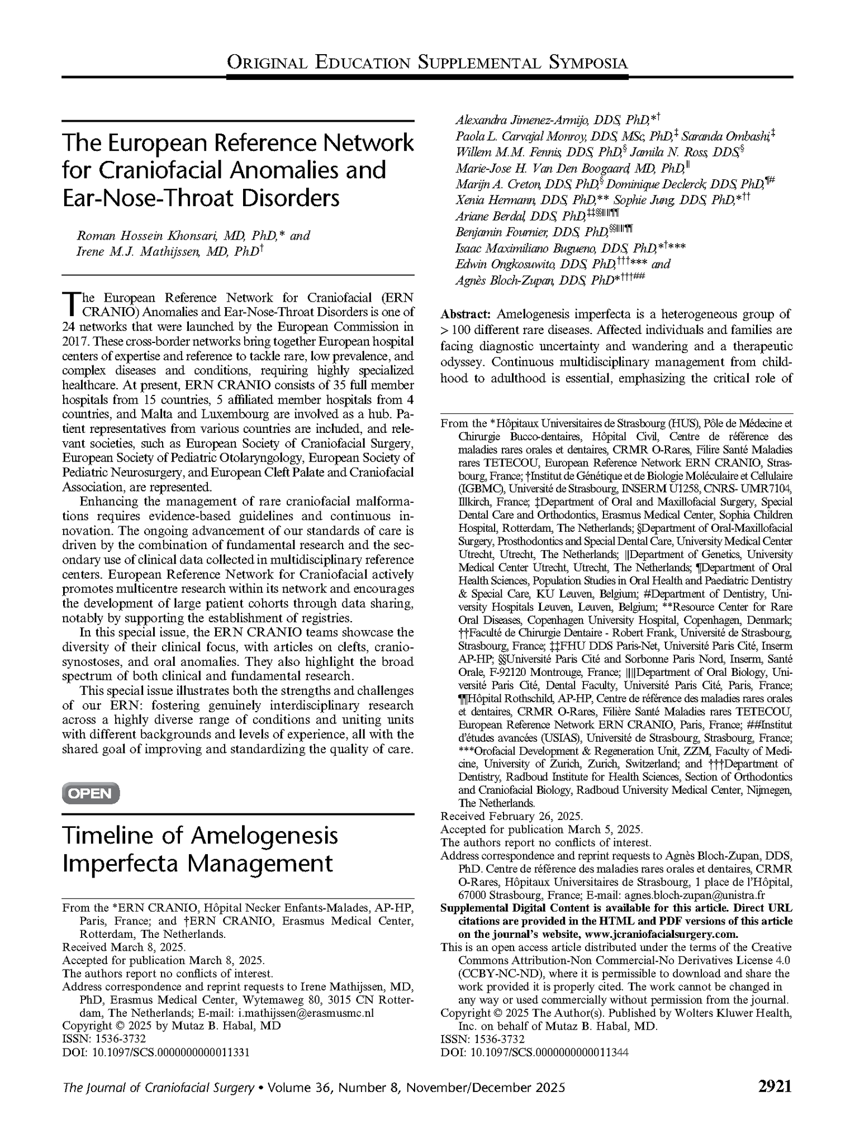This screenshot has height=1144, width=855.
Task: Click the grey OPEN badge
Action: pyautogui.click(x=91, y=794)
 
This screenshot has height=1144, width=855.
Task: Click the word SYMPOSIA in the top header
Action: pyautogui.click(x=588, y=63)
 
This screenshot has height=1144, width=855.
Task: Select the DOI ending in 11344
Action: pyautogui.click(x=534, y=1052)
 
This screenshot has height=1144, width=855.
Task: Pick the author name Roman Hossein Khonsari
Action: pyautogui.click(x=140, y=236)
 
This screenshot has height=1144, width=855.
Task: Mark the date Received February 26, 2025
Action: pyautogui.click(x=511, y=816)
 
